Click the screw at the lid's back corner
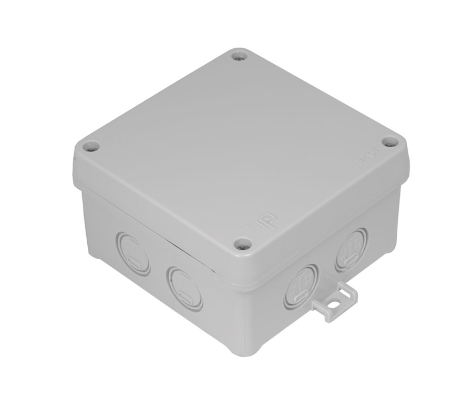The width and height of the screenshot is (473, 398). [x=240, y=56]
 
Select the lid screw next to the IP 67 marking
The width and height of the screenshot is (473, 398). [x=389, y=142]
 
